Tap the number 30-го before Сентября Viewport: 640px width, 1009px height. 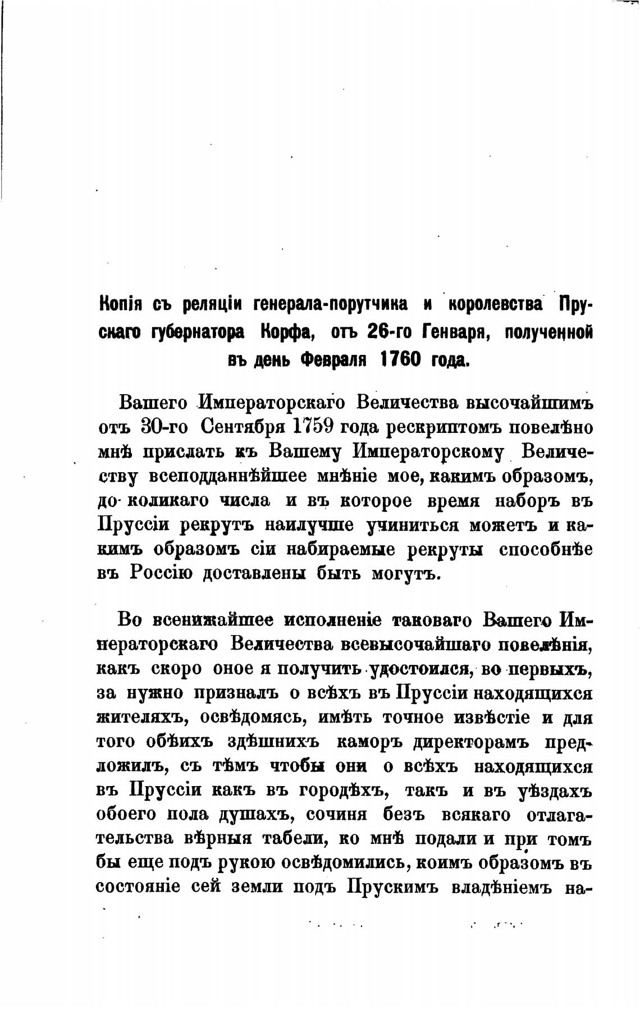point(165,427)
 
